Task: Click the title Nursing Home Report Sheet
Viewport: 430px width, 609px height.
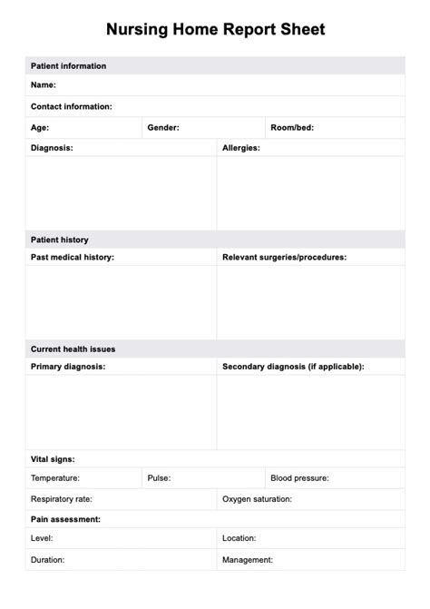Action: (215, 29)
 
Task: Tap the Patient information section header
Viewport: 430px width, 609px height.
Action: (68, 66)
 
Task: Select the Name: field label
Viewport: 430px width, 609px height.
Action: (44, 85)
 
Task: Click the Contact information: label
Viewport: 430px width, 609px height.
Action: (72, 106)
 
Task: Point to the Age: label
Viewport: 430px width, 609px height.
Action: (40, 128)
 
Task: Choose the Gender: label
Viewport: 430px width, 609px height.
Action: (163, 128)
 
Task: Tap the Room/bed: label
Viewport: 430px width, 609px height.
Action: (292, 128)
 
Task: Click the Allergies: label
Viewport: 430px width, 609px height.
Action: (241, 147)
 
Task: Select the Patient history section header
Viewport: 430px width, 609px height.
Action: (60, 240)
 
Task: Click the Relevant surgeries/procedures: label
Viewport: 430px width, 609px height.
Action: (284, 257)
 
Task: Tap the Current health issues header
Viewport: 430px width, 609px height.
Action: (73, 349)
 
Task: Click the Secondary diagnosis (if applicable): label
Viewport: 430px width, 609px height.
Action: (293, 367)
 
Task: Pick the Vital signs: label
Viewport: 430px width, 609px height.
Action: (53, 459)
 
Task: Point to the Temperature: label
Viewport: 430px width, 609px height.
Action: (55, 477)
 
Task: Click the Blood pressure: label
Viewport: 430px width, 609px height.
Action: (299, 477)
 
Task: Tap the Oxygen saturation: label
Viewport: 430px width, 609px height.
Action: (257, 499)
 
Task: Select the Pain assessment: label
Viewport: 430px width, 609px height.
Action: (65, 519)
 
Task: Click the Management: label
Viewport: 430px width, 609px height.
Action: (248, 560)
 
